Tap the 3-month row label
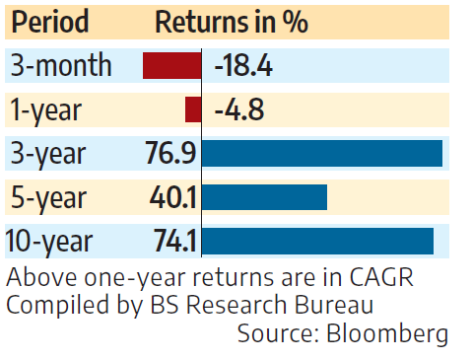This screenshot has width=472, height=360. pyautogui.click(x=61, y=66)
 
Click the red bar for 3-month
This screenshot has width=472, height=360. pyautogui.click(x=171, y=66)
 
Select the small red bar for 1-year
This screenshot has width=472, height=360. pyautogui.click(x=192, y=109)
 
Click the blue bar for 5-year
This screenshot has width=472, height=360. pyautogui.click(x=264, y=196)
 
